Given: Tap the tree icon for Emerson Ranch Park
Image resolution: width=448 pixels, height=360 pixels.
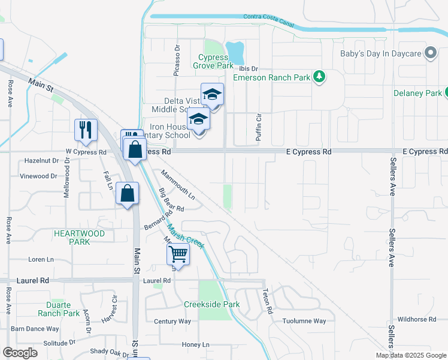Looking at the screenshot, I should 320,76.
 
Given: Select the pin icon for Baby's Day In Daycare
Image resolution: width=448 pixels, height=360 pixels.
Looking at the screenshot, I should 429,53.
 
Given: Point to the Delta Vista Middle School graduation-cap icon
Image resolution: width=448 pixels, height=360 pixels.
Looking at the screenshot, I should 212,95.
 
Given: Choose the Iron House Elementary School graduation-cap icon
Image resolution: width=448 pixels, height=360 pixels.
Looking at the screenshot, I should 199,120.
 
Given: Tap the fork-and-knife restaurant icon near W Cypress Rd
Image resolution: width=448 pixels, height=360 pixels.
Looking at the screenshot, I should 85,130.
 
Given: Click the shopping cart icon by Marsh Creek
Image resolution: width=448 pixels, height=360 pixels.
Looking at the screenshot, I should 178,254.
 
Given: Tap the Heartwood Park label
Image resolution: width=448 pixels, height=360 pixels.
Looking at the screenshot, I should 79,238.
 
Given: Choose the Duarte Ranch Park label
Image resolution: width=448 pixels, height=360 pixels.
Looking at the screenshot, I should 59,309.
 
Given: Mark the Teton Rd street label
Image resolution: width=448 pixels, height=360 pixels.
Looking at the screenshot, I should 268,302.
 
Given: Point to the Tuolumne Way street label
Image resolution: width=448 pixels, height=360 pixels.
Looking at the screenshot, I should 304,321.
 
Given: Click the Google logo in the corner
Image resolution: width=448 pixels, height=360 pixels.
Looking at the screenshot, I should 20,353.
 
